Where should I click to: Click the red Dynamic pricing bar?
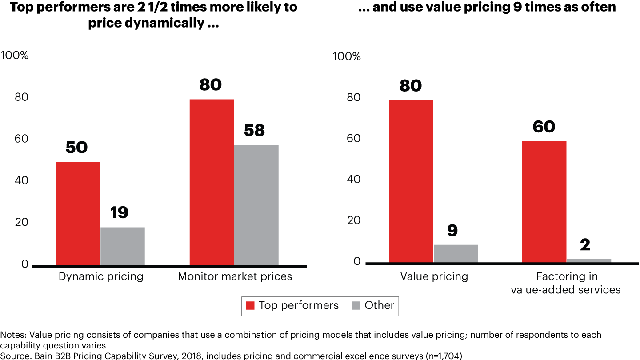(78, 213)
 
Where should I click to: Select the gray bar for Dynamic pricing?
(122, 246)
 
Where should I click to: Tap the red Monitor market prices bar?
(212, 182)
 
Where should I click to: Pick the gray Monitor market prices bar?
(256, 205)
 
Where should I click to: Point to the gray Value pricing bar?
(456, 253)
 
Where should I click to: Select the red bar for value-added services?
(544, 202)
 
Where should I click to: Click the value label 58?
(255, 131)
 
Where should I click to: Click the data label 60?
(544, 127)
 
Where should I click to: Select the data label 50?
(76, 148)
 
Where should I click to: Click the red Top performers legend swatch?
(251, 306)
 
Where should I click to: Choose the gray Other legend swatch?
(356, 306)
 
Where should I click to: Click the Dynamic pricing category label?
(101, 276)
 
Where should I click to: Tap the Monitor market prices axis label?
(235, 276)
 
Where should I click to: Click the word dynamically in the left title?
(165, 23)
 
